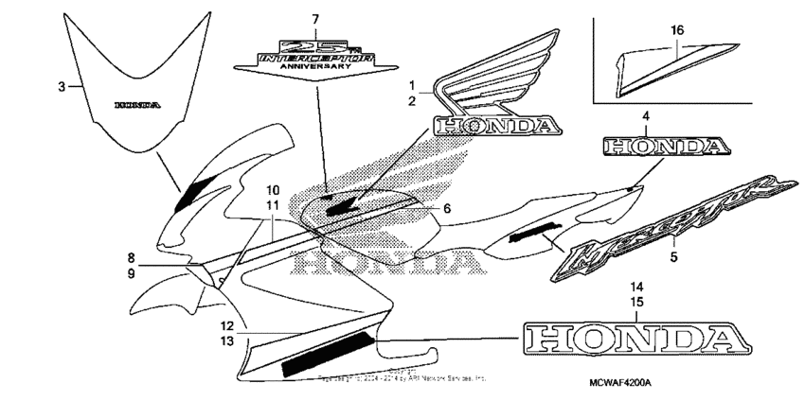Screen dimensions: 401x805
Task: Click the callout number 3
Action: coord(61,87)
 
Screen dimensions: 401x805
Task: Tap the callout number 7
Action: coord(316,18)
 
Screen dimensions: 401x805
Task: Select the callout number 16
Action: coord(677,30)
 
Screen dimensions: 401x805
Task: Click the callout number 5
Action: coord(675,254)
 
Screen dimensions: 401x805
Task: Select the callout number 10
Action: coord(272,189)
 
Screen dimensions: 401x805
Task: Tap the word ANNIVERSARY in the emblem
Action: coord(317,65)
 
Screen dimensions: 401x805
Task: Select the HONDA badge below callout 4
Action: coord(664,147)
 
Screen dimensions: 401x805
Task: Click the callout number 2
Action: coord(411,100)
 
